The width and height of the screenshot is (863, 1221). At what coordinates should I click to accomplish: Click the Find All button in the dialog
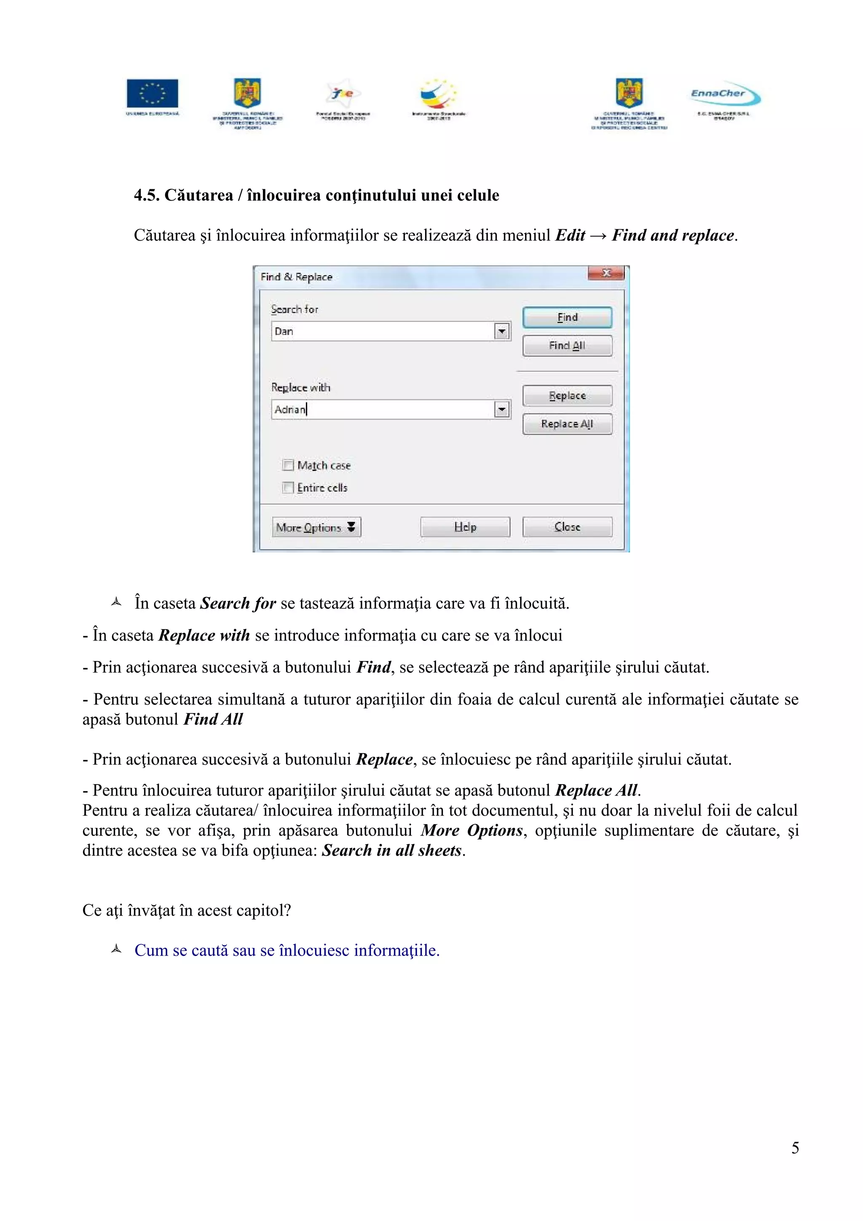(x=567, y=345)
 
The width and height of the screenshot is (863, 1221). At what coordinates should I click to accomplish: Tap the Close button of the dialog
(x=567, y=527)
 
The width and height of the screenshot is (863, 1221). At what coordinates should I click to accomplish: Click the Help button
(x=465, y=527)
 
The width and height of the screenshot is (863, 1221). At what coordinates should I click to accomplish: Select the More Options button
(x=316, y=527)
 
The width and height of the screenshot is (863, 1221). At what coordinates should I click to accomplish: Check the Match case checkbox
(x=288, y=465)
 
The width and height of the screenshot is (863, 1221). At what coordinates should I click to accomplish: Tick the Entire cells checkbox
(x=288, y=487)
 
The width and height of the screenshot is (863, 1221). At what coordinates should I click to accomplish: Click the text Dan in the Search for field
(x=284, y=331)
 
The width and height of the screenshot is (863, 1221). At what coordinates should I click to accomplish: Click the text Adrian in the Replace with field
(x=290, y=410)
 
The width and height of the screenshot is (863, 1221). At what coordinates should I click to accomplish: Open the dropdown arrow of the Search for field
(x=501, y=331)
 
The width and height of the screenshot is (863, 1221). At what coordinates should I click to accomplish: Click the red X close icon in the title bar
(x=606, y=273)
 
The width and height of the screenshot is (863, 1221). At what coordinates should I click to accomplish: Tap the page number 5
(x=795, y=1148)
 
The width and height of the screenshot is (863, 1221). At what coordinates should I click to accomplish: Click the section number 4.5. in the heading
(x=147, y=195)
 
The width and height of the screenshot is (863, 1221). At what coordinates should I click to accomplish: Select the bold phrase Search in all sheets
(x=392, y=850)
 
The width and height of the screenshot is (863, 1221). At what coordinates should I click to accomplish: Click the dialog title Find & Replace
(x=296, y=276)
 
